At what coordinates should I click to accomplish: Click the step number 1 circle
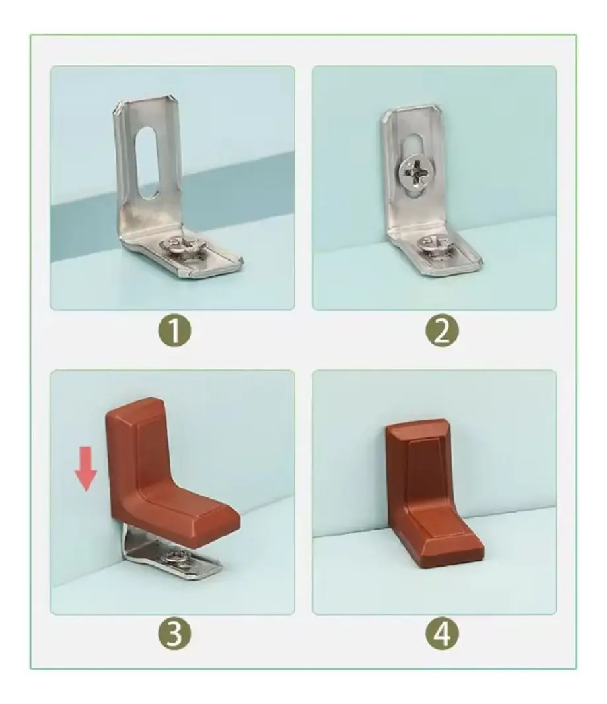coord(174,332)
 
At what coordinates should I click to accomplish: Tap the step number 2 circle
coord(442,332)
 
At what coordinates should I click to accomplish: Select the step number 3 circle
coord(174,635)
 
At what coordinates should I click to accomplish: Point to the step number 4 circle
coord(442,635)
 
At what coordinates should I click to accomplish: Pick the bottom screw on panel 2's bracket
coord(435,247)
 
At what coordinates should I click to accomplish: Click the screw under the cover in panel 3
coord(182,559)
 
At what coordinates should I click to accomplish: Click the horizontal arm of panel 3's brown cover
coord(194,517)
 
